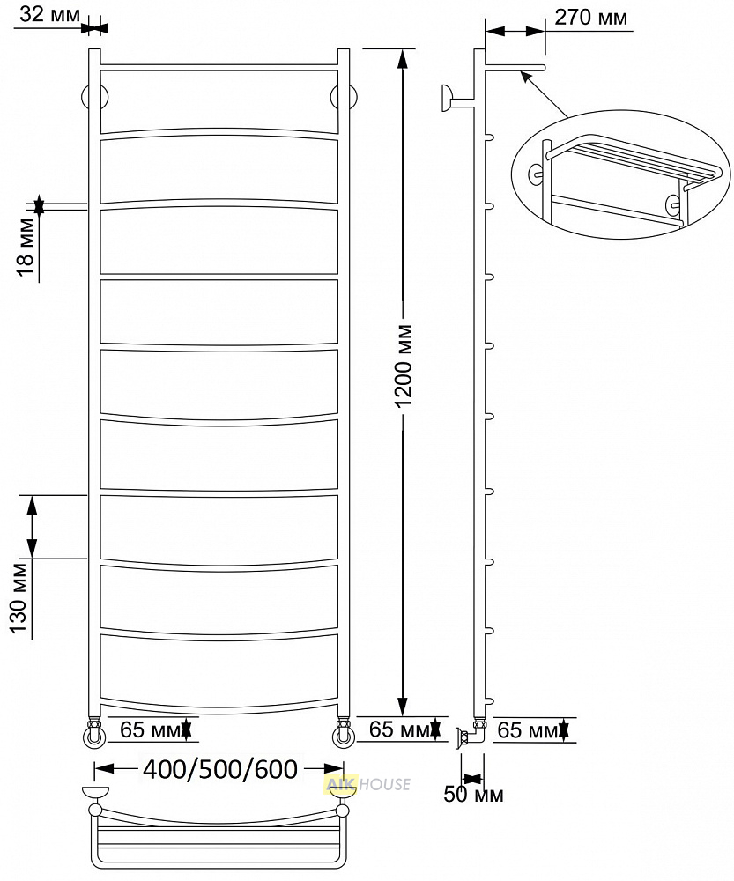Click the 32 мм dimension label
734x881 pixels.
pos(50,14)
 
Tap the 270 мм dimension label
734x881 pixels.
pos(590,18)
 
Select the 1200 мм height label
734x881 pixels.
pos(404,366)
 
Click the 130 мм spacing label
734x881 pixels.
pos(21,597)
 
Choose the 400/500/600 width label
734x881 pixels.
pos(219,769)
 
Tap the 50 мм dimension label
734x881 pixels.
pos(473,795)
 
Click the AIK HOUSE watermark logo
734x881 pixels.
pos(367,784)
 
